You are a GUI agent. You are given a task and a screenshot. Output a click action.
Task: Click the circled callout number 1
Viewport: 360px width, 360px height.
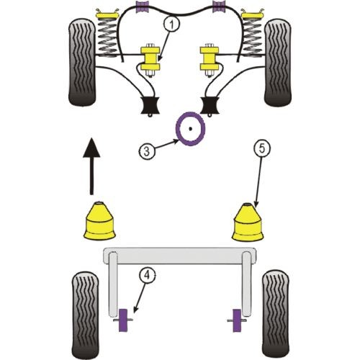[x=171, y=25]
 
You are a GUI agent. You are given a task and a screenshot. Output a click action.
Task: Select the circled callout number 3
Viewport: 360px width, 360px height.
[x=146, y=151]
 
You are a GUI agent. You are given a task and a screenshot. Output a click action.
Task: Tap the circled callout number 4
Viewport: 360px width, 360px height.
[x=147, y=276]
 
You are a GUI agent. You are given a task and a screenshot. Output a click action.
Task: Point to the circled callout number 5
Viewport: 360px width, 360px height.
[x=261, y=148]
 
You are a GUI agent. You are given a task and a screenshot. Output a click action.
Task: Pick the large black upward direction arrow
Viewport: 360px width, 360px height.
[x=91, y=166]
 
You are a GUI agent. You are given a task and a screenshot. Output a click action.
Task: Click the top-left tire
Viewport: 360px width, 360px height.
[x=82, y=62]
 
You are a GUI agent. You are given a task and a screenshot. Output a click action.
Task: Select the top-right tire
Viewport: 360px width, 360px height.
[x=278, y=62]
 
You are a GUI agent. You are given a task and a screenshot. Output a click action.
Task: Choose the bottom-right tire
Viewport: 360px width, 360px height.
[x=276, y=315]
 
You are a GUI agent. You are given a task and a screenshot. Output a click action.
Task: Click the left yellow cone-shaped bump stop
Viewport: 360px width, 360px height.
[x=99, y=220]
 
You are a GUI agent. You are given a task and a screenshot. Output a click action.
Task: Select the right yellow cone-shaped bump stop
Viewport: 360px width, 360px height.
[x=248, y=222]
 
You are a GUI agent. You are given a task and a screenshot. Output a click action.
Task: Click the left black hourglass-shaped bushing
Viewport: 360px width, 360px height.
[x=150, y=105]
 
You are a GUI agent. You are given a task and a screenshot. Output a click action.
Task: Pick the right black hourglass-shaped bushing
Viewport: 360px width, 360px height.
[x=210, y=105]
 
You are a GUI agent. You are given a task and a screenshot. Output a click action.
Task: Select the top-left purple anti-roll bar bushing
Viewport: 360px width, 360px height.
[x=142, y=7]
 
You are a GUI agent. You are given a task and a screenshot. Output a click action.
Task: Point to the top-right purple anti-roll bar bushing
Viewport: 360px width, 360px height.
[x=218, y=7]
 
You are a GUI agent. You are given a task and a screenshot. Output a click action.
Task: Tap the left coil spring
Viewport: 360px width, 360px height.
[x=107, y=37]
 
